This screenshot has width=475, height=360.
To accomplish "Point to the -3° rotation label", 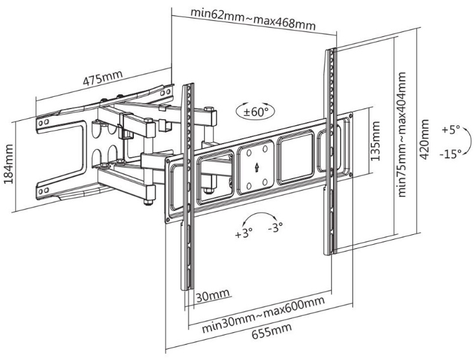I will tap(276, 228).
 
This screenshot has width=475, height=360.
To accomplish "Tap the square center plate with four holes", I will tap(257, 165).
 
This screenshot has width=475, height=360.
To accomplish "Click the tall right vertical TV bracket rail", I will tap(331, 150).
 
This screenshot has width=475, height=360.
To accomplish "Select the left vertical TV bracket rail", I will tap(188, 184).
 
